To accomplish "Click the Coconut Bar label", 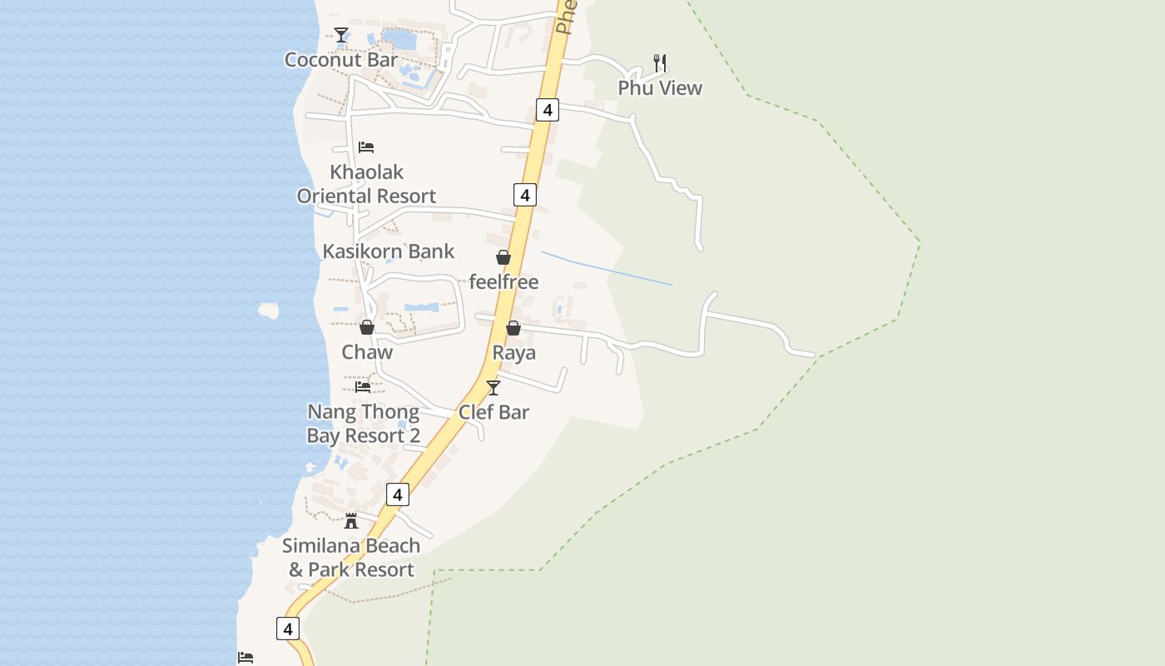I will pyautogui.click(x=341, y=60).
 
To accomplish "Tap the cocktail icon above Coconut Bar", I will pyautogui.click(x=341, y=34).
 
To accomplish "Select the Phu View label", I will pyautogui.click(x=660, y=87).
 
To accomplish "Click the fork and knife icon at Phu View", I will pyautogui.click(x=660, y=62).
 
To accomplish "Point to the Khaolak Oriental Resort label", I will pyautogui.click(x=367, y=184).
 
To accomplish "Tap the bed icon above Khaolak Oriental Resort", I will pyautogui.click(x=366, y=147).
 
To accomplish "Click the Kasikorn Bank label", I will pyautogui.click(x=389, y=251).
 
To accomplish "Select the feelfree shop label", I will pyautogui.click(x=503, y=281).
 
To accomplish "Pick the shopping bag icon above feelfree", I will pyautogui.click(x=503, y=257).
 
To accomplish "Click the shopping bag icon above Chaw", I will pyautogui.click(x=367, y=327).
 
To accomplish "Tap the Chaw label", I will pyautogui.click(x=367, y=352).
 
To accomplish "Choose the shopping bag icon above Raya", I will pyautogui.click(x=513, y=328).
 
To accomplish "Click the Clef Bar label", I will pyautogui.click(x=493, y=412).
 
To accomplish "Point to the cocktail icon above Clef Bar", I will pyautogui.click(x=493, y=387).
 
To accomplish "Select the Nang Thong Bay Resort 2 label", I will pyautogui.click(x=364, y=424).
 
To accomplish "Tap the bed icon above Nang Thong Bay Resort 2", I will pyautogui.click(x=363, y=387).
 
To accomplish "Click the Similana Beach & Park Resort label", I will pyautogui.click(x=351, y=558).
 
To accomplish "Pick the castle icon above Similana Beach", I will pyautogui.click(x=351, y=521).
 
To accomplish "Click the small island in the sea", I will pyautogui.click(x=268, y=311).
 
